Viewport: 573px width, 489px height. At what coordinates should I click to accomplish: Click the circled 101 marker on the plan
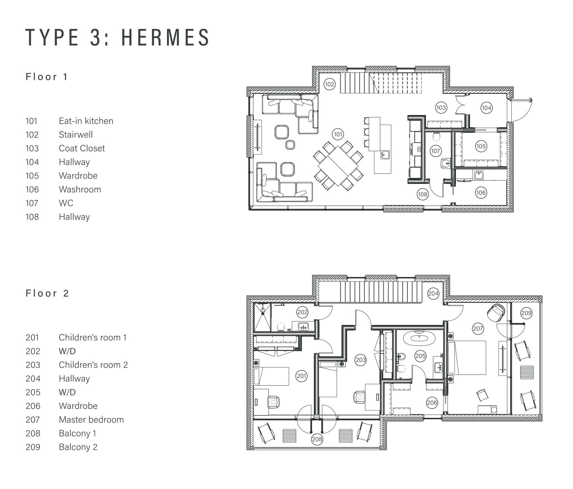click(338, 135)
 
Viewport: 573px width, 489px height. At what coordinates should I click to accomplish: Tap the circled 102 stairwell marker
click(329, 84)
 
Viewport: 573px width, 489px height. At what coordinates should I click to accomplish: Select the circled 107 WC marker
click(435, 151)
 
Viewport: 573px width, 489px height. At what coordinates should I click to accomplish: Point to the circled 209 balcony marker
click(526, 313)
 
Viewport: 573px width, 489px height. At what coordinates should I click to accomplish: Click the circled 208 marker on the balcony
click(317, 439)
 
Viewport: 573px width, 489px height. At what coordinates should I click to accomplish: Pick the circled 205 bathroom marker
click(420, 356)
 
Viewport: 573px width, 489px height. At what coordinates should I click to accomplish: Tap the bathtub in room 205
click(419, 338)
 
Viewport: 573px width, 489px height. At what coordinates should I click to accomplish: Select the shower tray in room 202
click(262, 317)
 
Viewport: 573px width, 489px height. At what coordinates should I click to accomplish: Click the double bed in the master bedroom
click(467, 358)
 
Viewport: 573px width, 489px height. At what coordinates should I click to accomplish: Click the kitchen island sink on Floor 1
click(385, 155)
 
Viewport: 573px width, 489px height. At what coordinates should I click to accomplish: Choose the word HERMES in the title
click(165, 38)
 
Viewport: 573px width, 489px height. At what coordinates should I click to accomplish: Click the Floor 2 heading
click(47, 293)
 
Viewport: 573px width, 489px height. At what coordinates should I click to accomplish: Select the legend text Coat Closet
click(82, 148)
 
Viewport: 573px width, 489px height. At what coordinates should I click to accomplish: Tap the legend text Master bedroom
click(91, 420)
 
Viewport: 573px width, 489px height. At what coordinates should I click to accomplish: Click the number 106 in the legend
click(32, 189)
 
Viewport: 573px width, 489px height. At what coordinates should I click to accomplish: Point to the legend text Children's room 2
click(93, 365)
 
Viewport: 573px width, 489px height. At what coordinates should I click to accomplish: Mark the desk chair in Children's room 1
click(273, 402)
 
